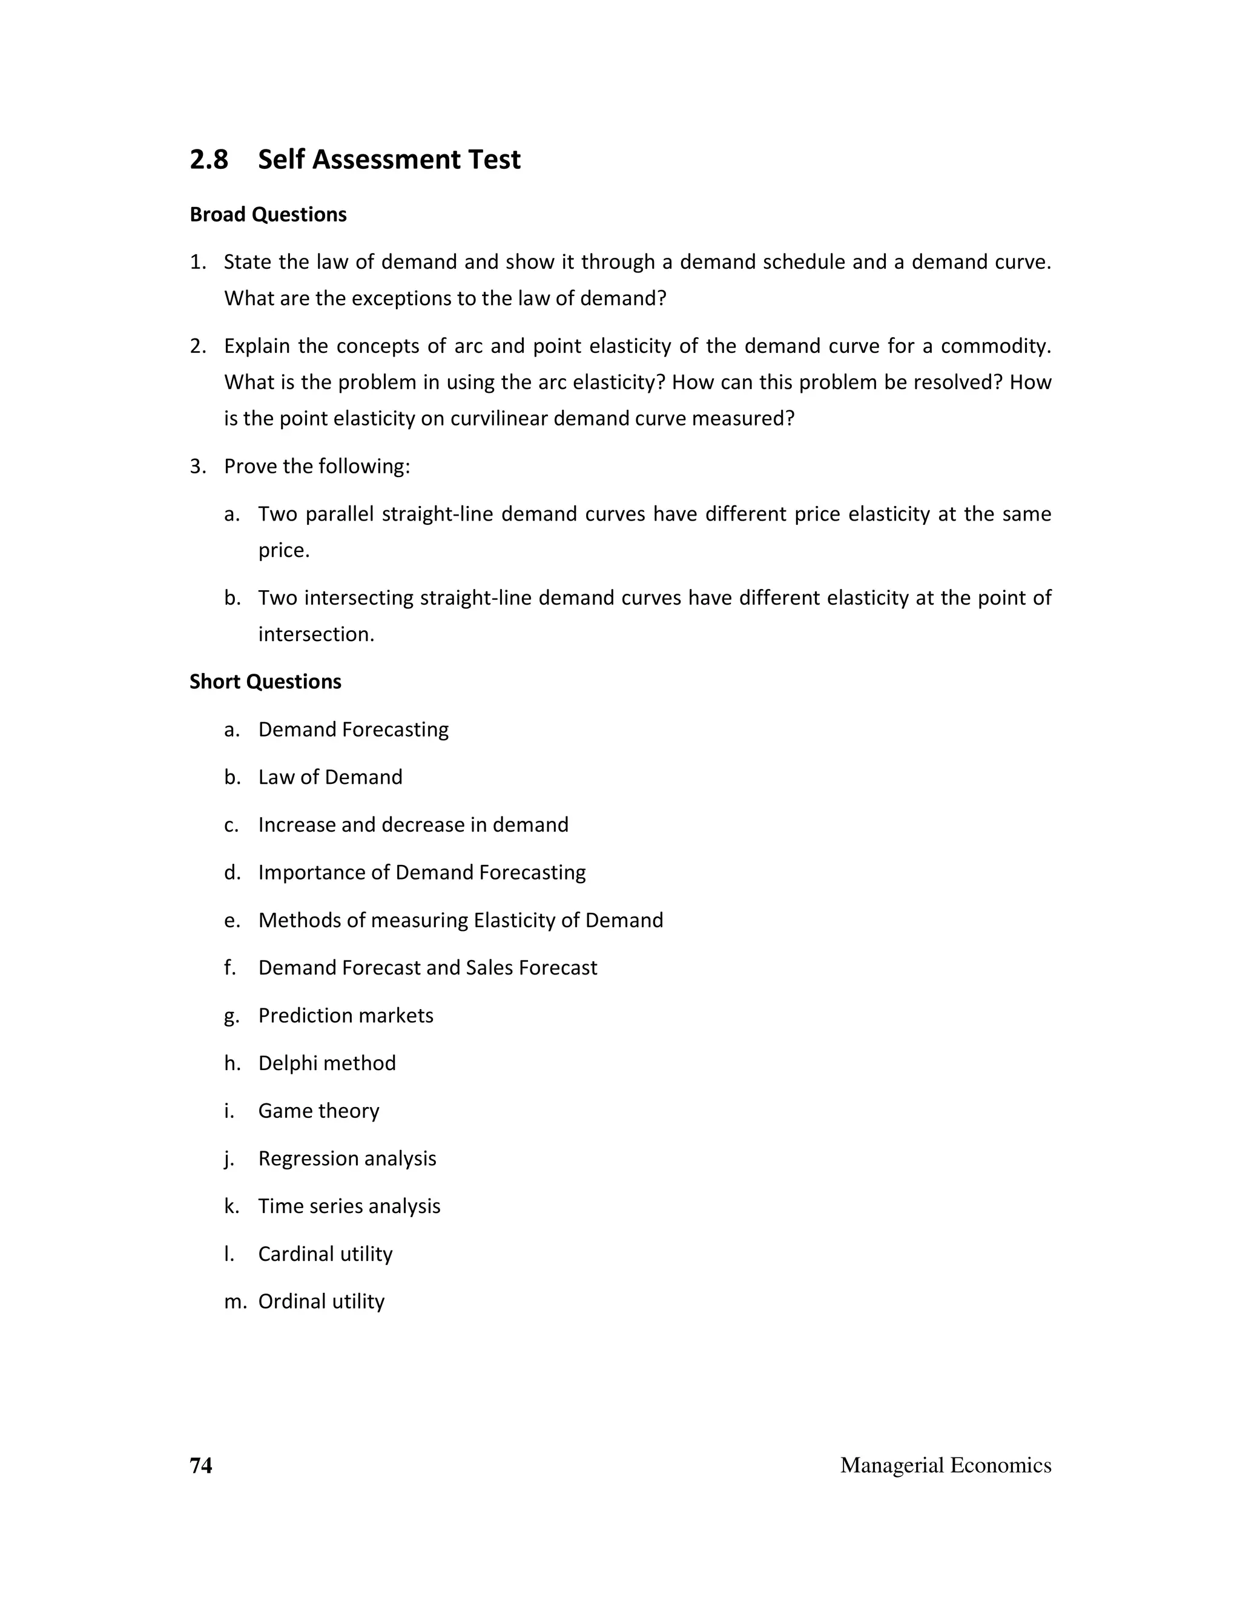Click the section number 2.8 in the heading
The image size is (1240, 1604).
209,159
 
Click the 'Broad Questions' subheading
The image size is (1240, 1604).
268,214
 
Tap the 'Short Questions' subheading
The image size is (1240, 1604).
265,682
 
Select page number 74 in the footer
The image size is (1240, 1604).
200,1465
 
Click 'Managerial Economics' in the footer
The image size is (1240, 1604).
945,1465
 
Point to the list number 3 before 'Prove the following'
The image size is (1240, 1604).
196,466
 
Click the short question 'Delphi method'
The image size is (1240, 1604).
327,1063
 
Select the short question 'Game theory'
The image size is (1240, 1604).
319,1111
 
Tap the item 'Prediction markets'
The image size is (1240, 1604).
346,1015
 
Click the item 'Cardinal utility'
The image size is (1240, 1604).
325,1254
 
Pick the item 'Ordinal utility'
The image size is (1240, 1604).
322,1301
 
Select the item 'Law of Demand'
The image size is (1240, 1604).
331,777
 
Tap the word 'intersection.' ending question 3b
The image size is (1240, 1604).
317,634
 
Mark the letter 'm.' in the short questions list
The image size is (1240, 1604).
235,1301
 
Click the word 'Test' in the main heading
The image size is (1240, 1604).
493,159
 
